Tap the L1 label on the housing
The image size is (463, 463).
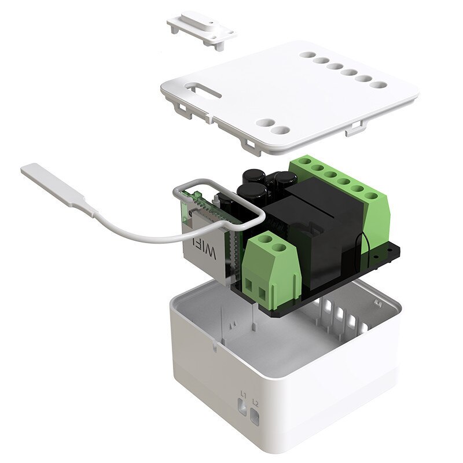point(244,395)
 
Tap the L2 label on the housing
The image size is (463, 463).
point(255,401)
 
